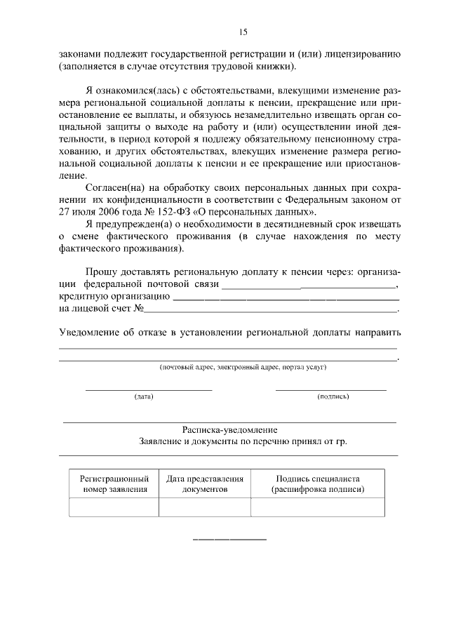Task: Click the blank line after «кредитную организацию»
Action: point(286,299)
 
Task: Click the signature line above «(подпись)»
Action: point(330,389)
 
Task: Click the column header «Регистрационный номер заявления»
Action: point(114,483)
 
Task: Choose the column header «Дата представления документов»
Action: point(205,483)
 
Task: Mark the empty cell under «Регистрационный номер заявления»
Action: point(114,507)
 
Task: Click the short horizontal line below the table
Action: point(229,539)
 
